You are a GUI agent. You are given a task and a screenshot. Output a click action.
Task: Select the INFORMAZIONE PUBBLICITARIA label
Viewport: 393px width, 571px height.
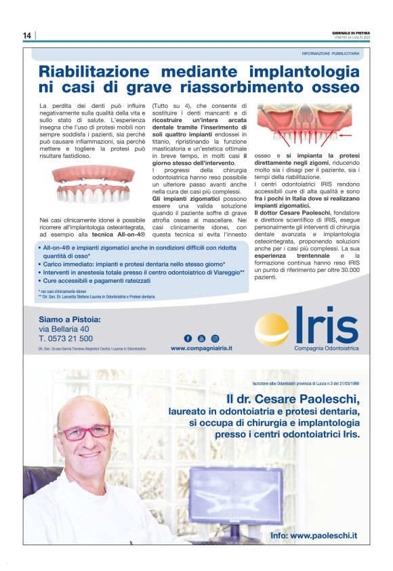tap(331, 53)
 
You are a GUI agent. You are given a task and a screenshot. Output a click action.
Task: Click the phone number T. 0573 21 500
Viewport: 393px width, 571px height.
tap(66, 338)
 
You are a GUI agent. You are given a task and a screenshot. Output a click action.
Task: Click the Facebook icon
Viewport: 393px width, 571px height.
tap(188, 338)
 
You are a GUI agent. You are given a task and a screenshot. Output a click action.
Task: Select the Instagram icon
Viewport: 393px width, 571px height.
tap(215, 338)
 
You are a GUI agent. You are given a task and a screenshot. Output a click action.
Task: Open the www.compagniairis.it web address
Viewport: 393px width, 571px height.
tap(201, 348)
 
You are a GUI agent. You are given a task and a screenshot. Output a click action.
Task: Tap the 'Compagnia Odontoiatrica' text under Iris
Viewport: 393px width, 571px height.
tap(326, 348)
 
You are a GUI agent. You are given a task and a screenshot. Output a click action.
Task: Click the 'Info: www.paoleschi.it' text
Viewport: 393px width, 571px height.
tap(313, 536)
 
